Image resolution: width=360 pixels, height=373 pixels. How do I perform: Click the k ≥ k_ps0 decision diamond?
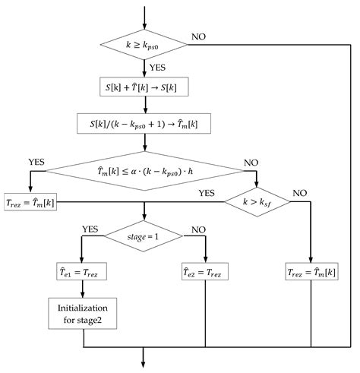[x=144, y=46]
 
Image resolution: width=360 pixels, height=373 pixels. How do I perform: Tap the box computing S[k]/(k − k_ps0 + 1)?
[x=144, y=122]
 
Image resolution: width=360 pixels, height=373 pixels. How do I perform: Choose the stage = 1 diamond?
[x=144, y=236]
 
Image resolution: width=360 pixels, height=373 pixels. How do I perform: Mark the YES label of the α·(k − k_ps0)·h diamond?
[x=36, y=162]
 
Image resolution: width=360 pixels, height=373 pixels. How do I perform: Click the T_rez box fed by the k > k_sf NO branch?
[x=311, y=271]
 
